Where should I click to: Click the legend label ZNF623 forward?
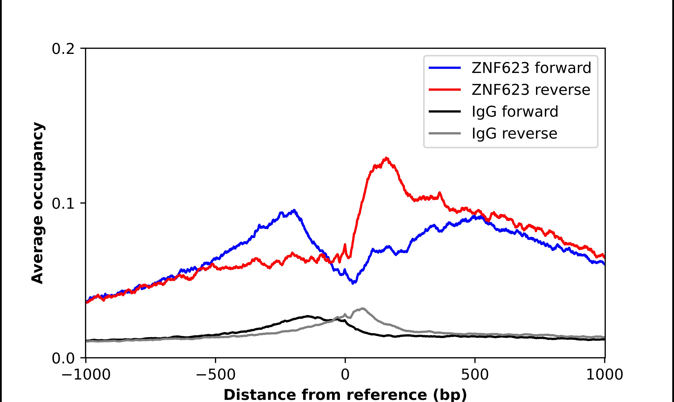531,68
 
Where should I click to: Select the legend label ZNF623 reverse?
531,90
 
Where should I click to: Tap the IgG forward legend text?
515,112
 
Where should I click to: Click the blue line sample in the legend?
445,68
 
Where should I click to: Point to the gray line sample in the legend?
445,133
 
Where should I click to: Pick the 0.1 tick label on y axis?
63,204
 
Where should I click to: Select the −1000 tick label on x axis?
86,375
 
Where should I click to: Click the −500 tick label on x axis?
216,375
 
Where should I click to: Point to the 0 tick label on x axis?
345,375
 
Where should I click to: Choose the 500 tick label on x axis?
475,375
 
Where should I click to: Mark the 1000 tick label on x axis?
604,375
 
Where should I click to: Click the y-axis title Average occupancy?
37,203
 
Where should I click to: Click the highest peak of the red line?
386,158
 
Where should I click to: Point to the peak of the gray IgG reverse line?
363,309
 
